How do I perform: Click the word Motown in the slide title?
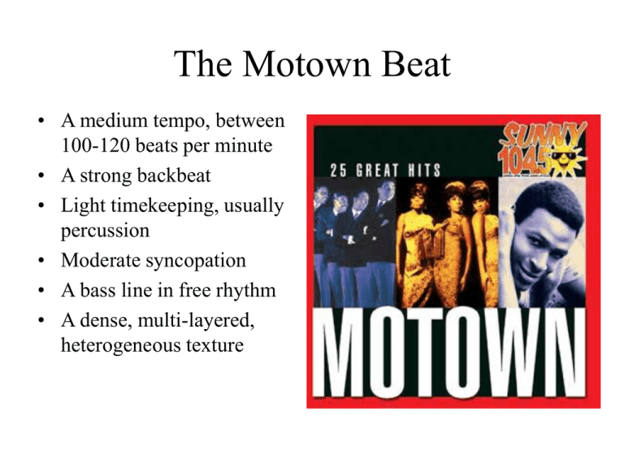click(306, 63)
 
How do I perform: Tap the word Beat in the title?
click(416, 63)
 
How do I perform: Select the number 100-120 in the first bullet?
click(96, 145)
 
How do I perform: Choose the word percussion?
click(105, 232)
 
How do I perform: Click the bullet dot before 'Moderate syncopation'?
click(41, 261)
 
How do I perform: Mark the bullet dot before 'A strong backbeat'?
click(41, 175)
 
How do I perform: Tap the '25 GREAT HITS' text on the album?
click(385, 171)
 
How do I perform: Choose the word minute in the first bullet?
click(244, 145)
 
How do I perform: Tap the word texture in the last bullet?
click(214, 345)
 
